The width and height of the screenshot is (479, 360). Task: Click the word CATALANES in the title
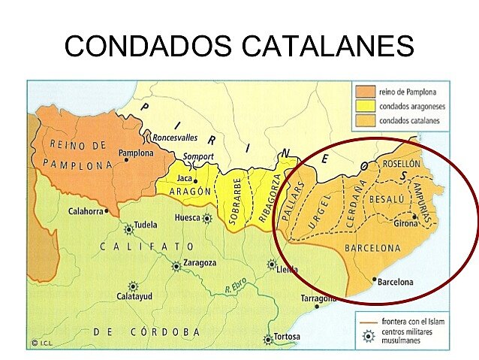coord(327,46)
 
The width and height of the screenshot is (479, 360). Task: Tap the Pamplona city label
coord(136,153)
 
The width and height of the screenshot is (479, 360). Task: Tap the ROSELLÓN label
coord(402,163)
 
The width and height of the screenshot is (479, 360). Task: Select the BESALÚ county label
coord(387,198)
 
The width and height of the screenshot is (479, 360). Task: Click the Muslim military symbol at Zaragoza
coord(176,265)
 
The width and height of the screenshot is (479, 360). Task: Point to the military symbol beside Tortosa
coord(268,340)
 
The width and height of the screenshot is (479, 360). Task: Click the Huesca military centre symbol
coord(207,218)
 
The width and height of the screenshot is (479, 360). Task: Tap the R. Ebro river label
coord(239,286)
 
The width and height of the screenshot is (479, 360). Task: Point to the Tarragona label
coord(318,298)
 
